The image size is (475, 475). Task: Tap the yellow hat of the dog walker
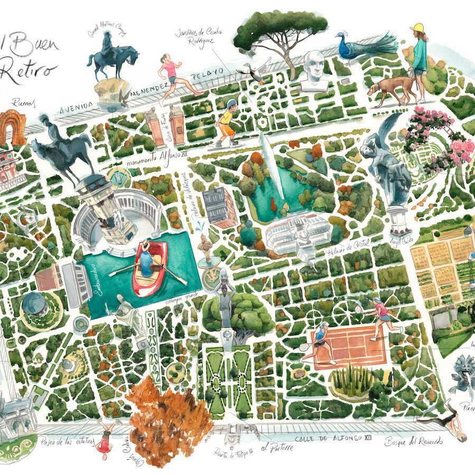click(417, 27)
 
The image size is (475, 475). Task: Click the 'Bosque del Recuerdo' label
click(413, 441)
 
